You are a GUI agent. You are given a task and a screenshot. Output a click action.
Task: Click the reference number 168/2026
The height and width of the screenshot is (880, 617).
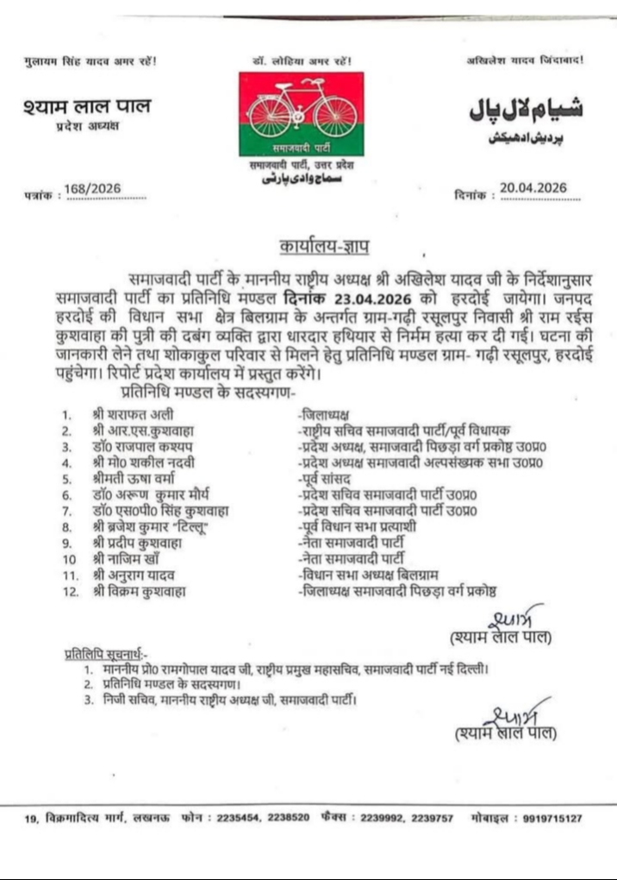click(92, 190)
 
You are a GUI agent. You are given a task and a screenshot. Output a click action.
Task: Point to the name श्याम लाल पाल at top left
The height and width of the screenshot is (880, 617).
click(87, 107)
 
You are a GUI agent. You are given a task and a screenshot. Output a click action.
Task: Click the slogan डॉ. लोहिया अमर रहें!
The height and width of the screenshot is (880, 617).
click(302, 61)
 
